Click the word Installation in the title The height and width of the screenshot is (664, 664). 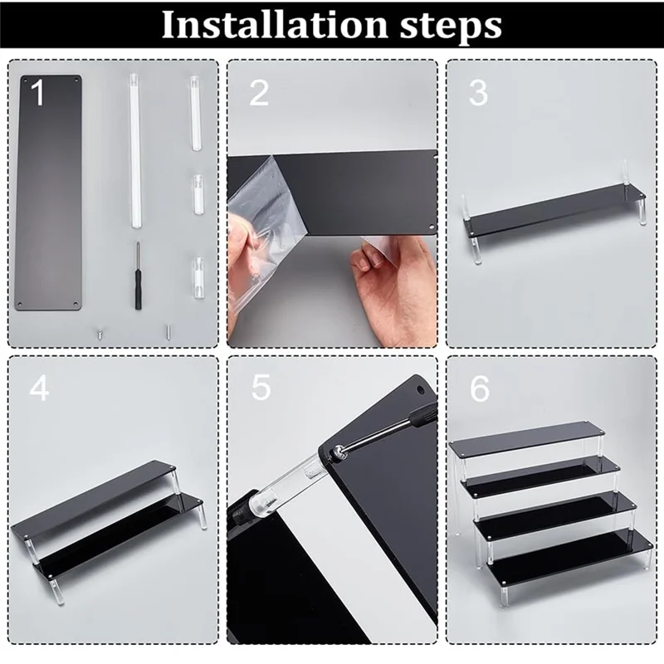(x=276, y=25)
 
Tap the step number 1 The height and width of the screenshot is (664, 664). (x=37, y=92)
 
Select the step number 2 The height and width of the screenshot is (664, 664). (x=259, y=93)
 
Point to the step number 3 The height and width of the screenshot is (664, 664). (x=478, y=93)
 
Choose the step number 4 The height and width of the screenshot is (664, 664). (x=39, y=388)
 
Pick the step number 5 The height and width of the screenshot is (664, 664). (x=261, y=388)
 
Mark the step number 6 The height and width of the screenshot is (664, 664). (x=480, y=388)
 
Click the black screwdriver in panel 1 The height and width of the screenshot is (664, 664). (x=137, y=276)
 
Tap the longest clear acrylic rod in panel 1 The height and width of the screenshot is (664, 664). (x=135, y=151)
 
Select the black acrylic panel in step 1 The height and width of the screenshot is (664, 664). (x=48, y=193)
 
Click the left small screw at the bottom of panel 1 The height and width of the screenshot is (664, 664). (x=100, y=334)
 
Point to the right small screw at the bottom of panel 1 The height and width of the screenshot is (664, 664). (x=168, y=331)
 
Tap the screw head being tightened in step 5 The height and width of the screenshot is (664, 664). (x=338, y=452)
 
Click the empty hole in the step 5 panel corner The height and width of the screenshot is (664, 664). (x=421, y=388)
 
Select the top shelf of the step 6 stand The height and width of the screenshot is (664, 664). (x=528, y=439)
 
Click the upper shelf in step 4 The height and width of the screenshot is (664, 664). (x=94, y=497)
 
